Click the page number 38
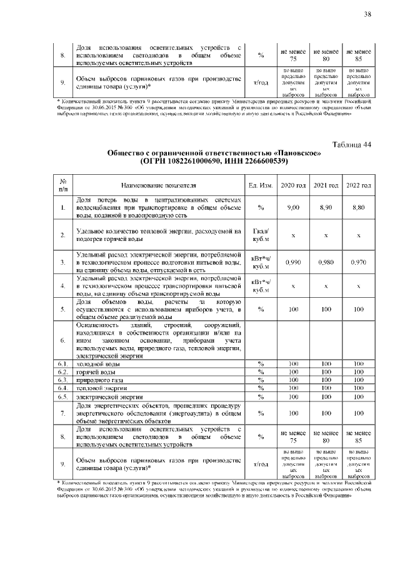367,14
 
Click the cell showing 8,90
326,207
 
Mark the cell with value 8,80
358,207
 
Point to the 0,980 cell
326,262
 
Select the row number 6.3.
63,379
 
